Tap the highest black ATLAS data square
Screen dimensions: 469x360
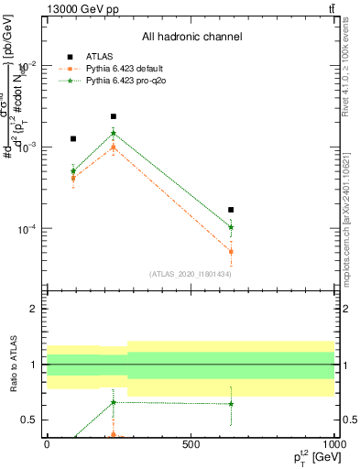tap(114, 116)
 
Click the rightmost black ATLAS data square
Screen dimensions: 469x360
tap(231, 210)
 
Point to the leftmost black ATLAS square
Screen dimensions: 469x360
tap(73, 138)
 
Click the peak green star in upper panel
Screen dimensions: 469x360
tap(114, 133)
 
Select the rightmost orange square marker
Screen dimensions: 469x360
tap(231, 251)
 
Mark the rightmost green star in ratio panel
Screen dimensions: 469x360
tap(231, 404)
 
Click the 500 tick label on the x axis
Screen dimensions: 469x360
tap(191, 444)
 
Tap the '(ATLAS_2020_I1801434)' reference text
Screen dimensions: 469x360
tap(190, 274)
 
